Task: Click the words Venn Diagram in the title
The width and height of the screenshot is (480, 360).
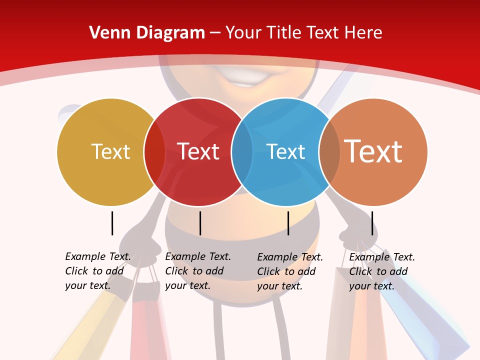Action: point(147,33)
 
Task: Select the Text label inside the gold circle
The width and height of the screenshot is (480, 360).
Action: point(110,151)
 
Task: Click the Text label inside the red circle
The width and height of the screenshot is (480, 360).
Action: point(198,151)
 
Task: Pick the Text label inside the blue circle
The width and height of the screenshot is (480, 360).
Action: point(286,151)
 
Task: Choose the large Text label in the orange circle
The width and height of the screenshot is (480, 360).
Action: point(373,151)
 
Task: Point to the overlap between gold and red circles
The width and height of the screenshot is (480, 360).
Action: point(154,151)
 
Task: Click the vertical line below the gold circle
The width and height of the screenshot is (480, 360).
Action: point(112,223)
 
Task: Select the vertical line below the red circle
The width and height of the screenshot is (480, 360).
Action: point(200,223)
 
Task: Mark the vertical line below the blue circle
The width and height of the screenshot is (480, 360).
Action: point(288,223)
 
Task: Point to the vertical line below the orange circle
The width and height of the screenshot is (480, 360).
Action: point(372,223)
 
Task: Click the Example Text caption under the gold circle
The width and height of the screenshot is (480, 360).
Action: point(97,271)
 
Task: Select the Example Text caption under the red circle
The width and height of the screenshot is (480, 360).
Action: point(197,271)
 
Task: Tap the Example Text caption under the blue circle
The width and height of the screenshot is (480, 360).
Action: point(289,271)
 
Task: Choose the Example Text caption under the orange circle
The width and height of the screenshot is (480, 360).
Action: point(381,271)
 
